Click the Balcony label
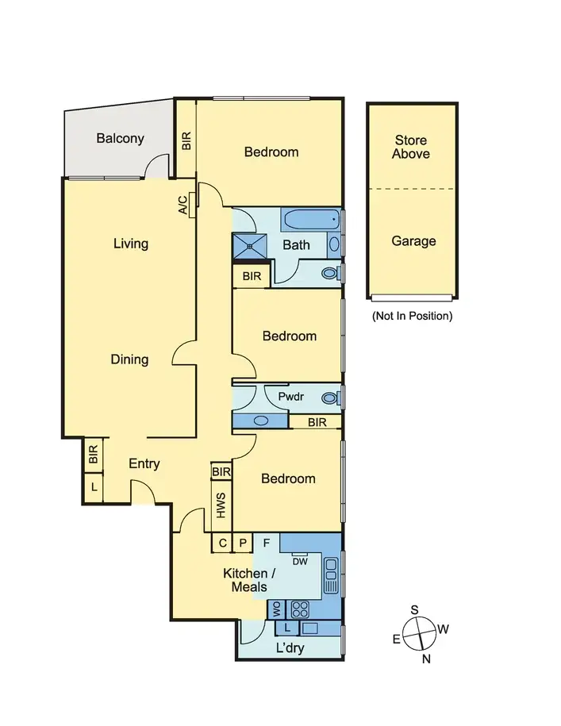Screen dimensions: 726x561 [121, 138]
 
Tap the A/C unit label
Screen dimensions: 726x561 [183, 205]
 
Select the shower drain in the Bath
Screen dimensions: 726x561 [252, 246]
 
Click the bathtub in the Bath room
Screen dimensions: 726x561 [310, 220]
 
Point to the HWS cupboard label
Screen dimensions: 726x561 [221, 505]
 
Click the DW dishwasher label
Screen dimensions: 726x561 [300, 562]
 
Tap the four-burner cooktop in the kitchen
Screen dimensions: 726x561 [300, 609]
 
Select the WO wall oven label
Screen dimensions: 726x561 [277, 609]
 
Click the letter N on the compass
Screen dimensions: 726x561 [426, 658]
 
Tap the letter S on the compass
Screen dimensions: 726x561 [413, 609]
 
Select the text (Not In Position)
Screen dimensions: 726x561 [412, 316]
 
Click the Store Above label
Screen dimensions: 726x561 [411, 147]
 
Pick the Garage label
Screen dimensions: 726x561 [413, 241]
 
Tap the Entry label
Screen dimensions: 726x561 [144, 464]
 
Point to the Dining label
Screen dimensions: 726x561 [129, 359]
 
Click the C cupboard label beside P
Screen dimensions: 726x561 [223, 544]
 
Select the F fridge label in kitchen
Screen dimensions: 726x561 [267, 544]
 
